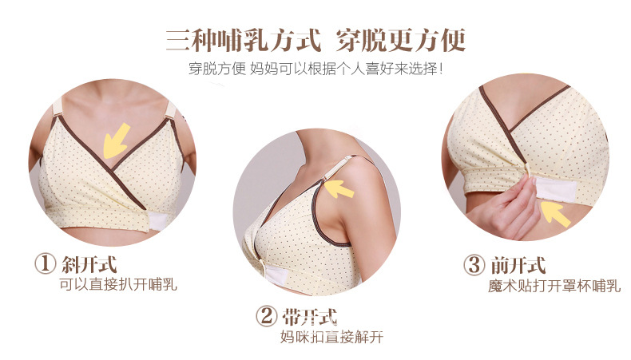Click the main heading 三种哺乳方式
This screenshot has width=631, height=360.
point(244,40)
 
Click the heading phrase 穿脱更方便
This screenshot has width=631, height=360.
point(400,40)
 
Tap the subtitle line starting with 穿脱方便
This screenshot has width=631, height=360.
point(316,69)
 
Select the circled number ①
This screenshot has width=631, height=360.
point(45,264)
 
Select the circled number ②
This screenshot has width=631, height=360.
point(267,317)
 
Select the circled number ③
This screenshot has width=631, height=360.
point(474,265)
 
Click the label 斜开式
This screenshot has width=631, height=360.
point(89,264)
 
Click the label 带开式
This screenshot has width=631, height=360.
point(309,317)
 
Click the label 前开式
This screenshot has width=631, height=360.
point(518,266)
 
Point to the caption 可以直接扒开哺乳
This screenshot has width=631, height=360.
point(118,285)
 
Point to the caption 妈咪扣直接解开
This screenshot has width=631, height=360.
point(332,337)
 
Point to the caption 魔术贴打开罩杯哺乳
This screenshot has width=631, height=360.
point(554,286)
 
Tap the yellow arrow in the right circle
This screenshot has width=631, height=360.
point(556,214)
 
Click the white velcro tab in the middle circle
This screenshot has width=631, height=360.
point(272,275)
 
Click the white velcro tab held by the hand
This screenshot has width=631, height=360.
point(554,188)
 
